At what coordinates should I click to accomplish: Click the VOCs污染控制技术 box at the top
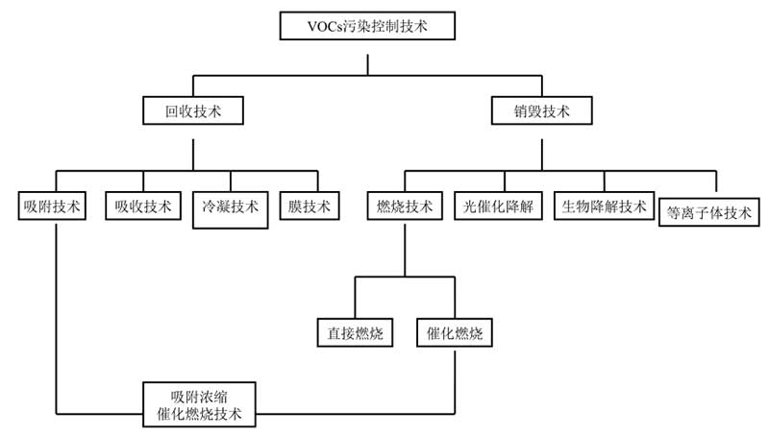[x=366, y=25]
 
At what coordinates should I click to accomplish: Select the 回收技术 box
[x=192, y=110]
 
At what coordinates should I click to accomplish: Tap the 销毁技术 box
[x=541, y=110]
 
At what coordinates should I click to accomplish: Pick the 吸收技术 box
[x=142, y=206]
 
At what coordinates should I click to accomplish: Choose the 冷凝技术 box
[x=231, y=207]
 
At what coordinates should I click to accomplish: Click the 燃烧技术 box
[x=405, y=206]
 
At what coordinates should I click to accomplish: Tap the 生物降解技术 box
[x=605, y=206]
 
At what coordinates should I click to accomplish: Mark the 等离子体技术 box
[x=709, y=211]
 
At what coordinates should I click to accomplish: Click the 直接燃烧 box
[x=356, y=333]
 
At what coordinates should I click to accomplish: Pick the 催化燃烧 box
[x=455, y=333]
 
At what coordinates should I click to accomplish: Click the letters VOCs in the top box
[x=326, y=25]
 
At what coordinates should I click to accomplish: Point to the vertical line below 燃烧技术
[x=405, y=249]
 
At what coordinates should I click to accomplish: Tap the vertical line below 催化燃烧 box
[x=455, y=379]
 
